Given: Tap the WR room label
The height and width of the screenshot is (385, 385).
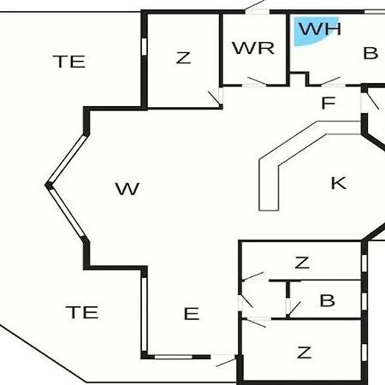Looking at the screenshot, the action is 253,48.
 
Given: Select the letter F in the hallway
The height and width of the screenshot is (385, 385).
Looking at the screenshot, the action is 329,103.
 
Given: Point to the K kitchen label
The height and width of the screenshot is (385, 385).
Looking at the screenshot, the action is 339,183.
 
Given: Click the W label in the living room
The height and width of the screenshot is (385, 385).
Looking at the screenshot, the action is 127,188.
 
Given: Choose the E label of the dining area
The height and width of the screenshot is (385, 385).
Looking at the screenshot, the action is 192,313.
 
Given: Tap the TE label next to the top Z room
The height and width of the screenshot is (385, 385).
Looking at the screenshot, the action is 69,62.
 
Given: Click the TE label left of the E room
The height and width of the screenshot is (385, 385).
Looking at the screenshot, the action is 82,312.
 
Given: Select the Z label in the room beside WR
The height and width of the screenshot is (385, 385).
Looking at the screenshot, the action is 183,57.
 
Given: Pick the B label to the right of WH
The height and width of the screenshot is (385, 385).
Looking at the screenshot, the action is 370,53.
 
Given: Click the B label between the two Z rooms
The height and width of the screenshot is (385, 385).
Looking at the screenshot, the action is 327,300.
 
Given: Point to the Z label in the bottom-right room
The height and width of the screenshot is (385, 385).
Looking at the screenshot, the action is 304,352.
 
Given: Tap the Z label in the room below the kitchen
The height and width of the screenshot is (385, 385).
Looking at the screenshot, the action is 302,263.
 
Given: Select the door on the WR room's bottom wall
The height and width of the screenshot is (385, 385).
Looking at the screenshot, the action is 254,82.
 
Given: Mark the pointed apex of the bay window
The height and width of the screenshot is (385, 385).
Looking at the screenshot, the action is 47,185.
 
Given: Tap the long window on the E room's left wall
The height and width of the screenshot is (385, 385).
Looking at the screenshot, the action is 145,314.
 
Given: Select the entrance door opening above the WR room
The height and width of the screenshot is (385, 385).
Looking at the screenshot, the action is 258,12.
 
